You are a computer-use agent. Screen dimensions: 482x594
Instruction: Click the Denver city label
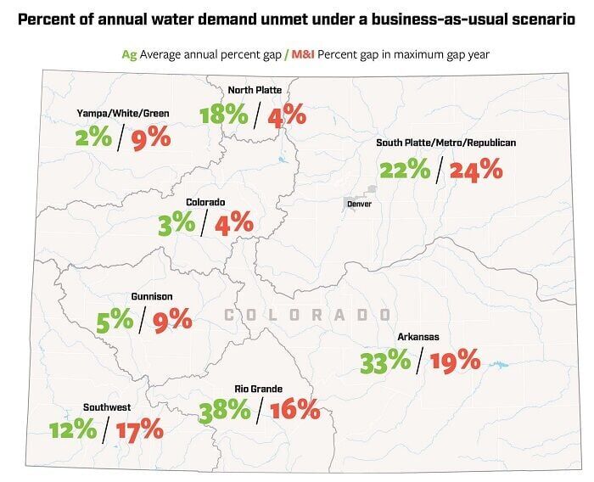(359, 204)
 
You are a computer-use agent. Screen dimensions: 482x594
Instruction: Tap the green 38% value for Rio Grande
(225, 411)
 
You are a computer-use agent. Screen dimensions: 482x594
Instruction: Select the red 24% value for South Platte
(476, 170)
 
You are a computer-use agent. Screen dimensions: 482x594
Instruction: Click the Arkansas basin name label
(418, 337)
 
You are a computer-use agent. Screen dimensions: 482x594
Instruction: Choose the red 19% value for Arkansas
(455, 362)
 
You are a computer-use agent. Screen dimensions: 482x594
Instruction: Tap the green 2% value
(92, 137)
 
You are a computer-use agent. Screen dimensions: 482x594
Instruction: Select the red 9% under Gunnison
(172, 320)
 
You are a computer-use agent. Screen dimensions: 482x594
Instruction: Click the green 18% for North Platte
(225, 115)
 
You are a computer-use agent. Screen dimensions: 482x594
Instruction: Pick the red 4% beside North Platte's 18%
(286, 115)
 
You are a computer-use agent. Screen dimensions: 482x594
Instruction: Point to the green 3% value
(176, 223)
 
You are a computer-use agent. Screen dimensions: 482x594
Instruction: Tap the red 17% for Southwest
(139, 429)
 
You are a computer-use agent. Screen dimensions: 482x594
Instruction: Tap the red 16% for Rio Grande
(294, 411)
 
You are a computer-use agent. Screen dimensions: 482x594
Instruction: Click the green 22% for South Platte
(405, 170)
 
